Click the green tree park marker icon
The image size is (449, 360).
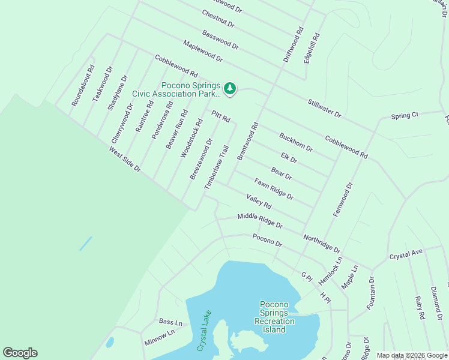tap(230, 89)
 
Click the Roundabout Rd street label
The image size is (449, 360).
tap(83, 86)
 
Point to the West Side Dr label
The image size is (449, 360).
tap(124, 161)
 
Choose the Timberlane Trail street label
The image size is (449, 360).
tap(217, 168)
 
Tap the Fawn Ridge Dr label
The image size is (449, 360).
tap(273, 188)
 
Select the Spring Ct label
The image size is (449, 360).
tap(404, 115)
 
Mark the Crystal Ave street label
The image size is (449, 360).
tap(406, 254)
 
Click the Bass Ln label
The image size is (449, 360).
tap(170, 322)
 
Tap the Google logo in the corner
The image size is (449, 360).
tap(20, 353)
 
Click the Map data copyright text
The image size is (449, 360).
tap(412, 355)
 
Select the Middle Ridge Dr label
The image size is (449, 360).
tap(259, 220)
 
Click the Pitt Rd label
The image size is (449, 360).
tap(221, 116)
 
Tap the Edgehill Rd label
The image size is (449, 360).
tap(312, 48)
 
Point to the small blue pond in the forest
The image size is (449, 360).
tap(86, 243)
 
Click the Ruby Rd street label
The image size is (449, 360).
tap(420, 308)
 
